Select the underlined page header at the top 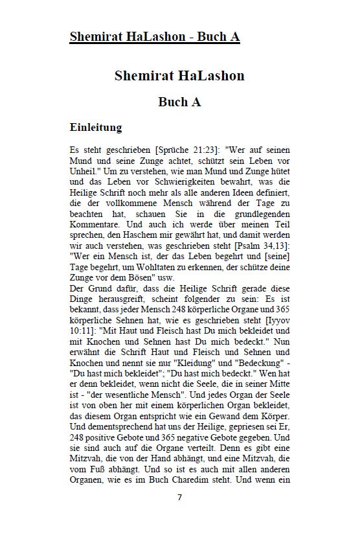(155, 37)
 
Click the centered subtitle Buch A (179, 102)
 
